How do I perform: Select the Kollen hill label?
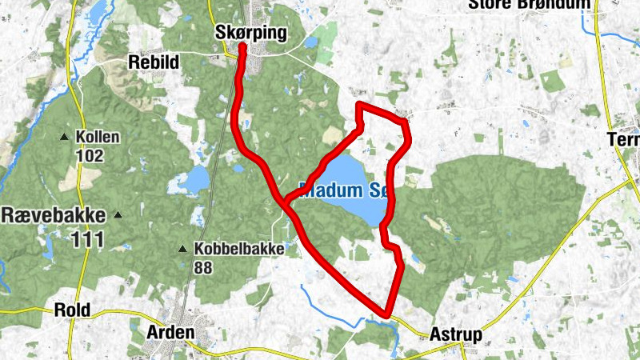click(98, 137)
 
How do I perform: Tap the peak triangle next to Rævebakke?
click(118, 214)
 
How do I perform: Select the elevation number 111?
click(93, 238)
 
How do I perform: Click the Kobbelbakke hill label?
click(238, 249)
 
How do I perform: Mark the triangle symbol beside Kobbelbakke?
click(183, 249)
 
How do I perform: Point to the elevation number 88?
click(202, 268)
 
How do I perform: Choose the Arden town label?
click(170, 331)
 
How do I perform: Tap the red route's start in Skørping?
click(242, 47)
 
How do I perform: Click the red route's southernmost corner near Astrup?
click(388, 314)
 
